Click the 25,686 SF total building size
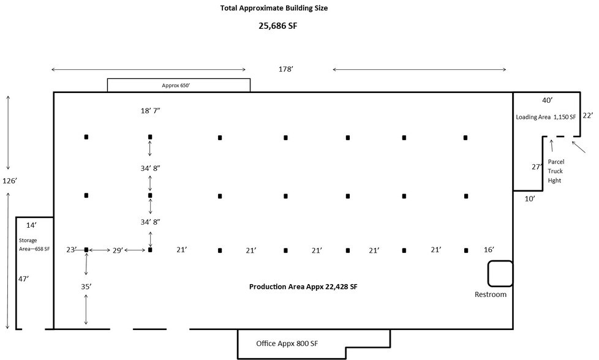pos(277,26)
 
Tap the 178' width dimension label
pos(286,69)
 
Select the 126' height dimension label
pos(10,181)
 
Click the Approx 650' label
pos(176,86)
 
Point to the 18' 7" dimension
pos(150,111)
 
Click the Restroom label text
pos(491,294)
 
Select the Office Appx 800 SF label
pos(287,343)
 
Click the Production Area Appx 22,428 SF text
pos(303,287)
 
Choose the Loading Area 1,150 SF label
pos(546,117)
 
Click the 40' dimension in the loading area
pos(548,100)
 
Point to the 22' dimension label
pos(588,115)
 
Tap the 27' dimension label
pos(537,167)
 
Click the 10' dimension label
pos(530,199)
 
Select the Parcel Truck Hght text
pos(556,171)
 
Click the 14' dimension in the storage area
pos(31,226)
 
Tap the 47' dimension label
pos(23,279)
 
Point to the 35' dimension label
pos(86,287)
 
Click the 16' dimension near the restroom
pos(489,250)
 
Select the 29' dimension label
pos(118,250)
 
